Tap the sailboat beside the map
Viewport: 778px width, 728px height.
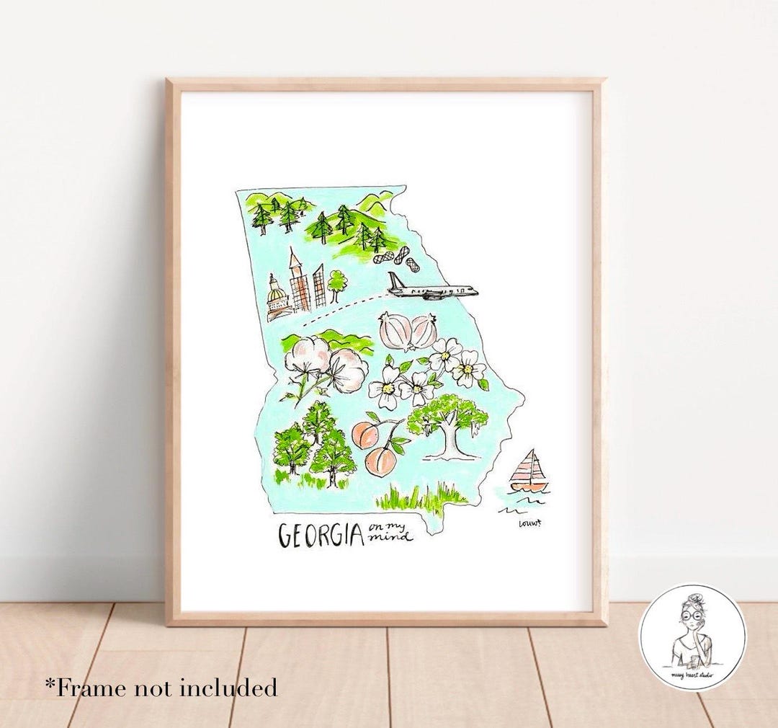click(529, 472)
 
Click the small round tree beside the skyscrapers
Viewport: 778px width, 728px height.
click(336, 283)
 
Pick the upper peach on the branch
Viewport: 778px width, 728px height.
click(365, 435)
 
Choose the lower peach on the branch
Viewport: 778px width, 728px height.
click(381, 461)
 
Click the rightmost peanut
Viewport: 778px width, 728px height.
click(413, 265)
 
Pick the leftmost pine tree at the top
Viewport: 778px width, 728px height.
click(261, 216)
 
